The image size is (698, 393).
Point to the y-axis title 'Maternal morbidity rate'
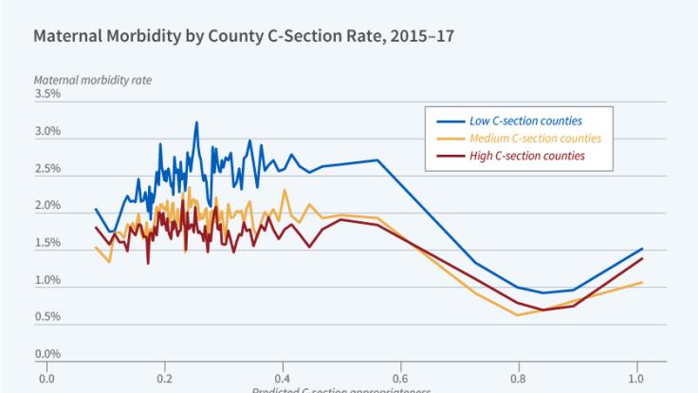pos(93,80)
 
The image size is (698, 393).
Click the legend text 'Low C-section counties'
pos(526,121)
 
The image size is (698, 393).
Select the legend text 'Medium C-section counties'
pos(535,138)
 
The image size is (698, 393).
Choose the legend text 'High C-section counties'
pos(527,155)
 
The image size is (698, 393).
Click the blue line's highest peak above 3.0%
pos(196,122)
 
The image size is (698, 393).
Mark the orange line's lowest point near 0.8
pos(518,314)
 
